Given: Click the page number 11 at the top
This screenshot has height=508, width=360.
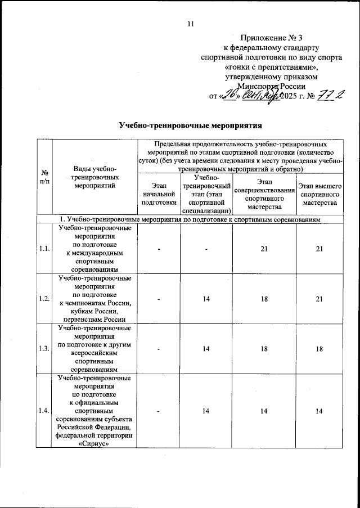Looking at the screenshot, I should pyautogui.click(x=190, y=24).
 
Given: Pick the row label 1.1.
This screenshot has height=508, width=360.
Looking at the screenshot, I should pyautogui.click(x=44, y=248).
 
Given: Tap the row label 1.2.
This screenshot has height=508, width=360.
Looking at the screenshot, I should pyautogui.click(x=44, y=298).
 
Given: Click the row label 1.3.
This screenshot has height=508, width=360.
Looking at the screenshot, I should pyautogui.click(x=44, y=349).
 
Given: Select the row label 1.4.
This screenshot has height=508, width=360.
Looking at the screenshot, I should pyautogui.click(x=44, y=412).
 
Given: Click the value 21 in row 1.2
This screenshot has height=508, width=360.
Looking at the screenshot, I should pyautogui.click(x=319, y=298).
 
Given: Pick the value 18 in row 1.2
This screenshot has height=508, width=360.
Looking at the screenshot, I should pyautogui.click(x=264, y=298).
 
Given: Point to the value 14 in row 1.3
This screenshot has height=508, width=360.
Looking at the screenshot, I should pyautogui.click(x=206, y=349).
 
